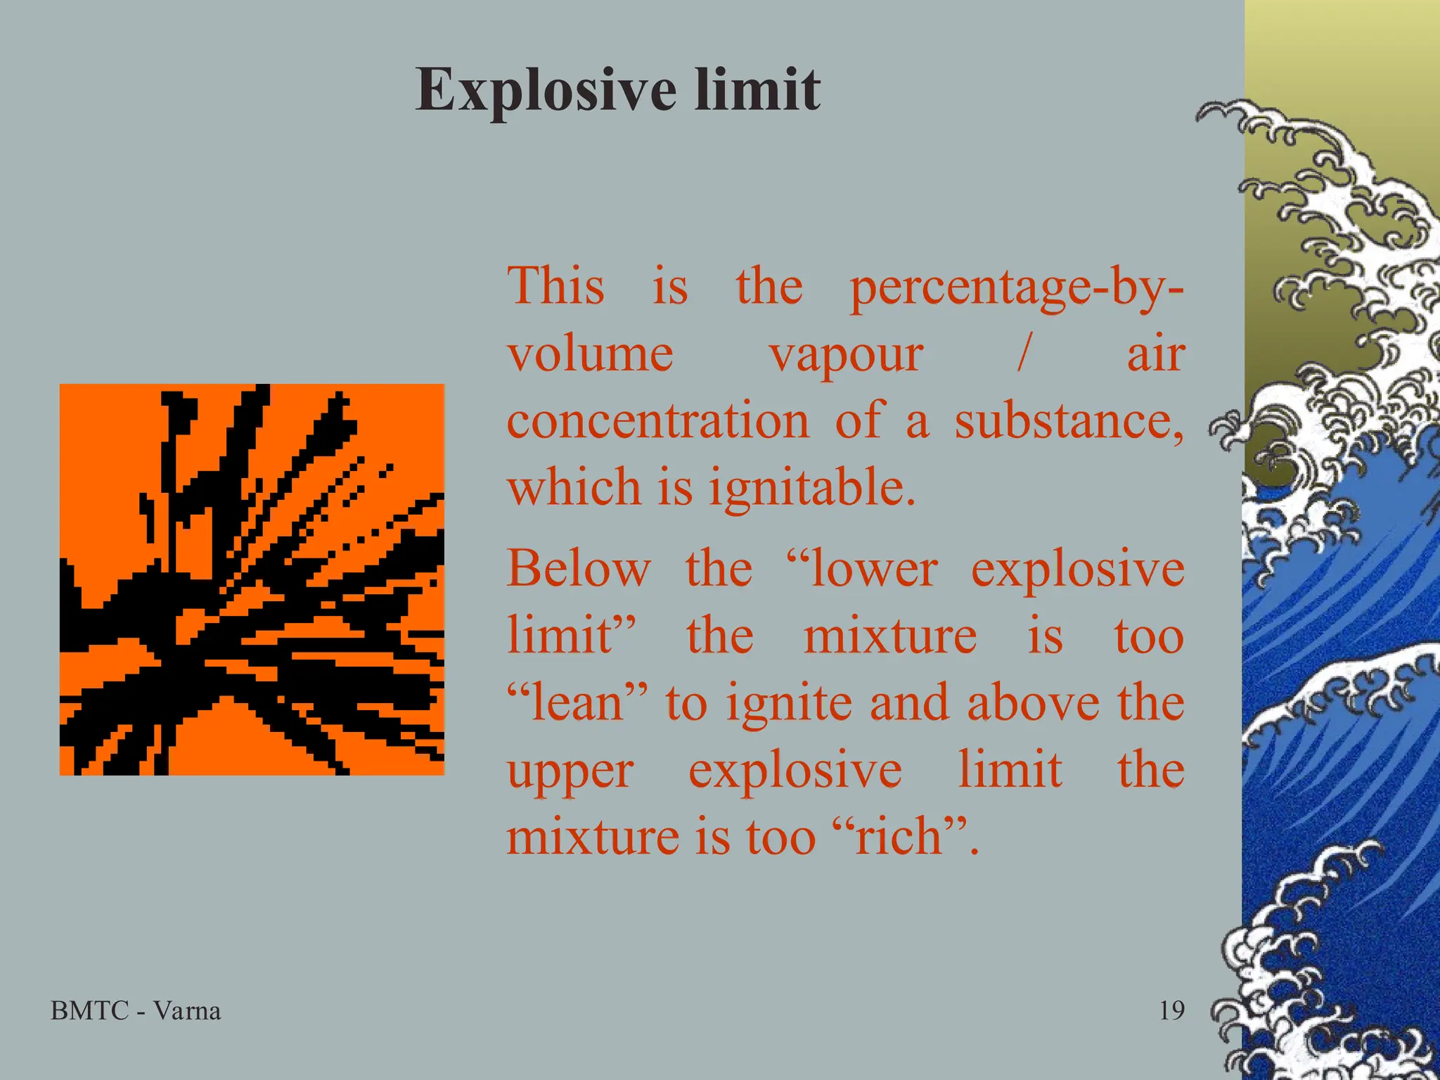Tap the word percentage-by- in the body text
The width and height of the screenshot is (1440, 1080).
pos(1016,288)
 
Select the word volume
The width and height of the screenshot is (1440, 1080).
pos(591,354)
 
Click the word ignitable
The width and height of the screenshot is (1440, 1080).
pos(811,489)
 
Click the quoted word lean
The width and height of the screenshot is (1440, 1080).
pos(576,703)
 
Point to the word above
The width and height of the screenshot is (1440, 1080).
pos(1033,703)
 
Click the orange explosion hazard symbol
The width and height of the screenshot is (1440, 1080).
pos(252,579)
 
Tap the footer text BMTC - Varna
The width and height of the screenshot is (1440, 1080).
pos(136,1011)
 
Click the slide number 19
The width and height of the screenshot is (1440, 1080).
pos(1171,1011)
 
